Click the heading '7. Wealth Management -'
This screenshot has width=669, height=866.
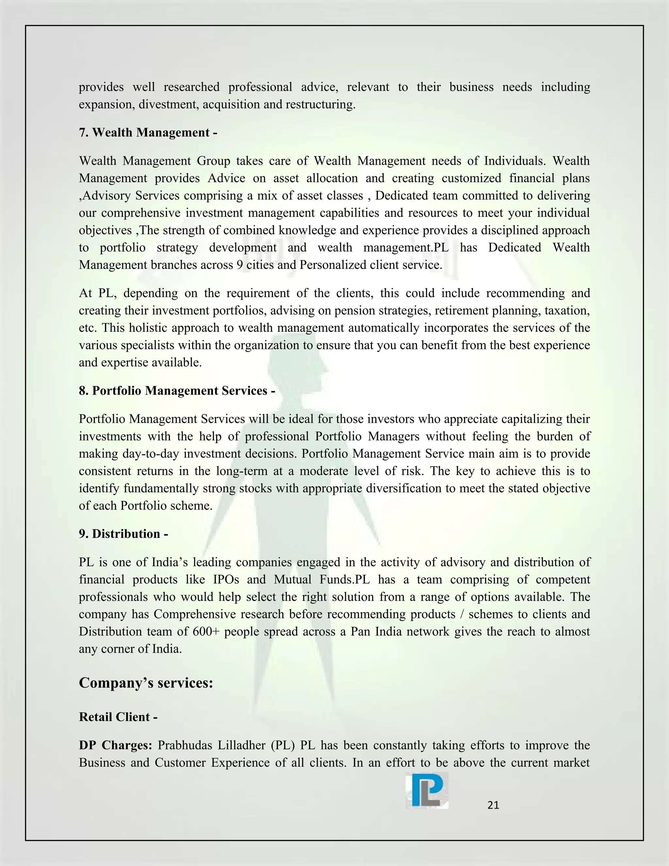pyautogui.click(x=148, y=132)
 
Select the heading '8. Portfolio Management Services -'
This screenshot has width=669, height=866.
pyautogui.click(x=177, y=391)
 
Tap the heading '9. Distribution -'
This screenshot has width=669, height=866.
pyautogui.click(x=123, y=534)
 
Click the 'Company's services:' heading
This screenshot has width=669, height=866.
pyautogui.click(x=146, y=682)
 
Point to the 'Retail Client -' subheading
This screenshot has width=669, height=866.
pyautogui.click(x=118, y=717)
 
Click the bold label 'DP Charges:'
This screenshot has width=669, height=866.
pyautogui.click(x=115, y=745)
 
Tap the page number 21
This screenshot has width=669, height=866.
pyautogui.click(x=493, y=805)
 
